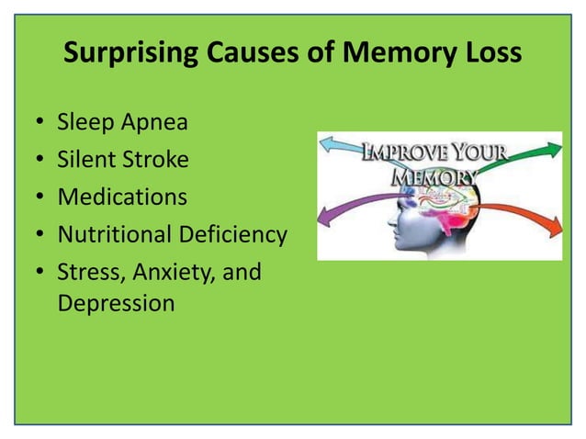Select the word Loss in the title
(490, 55)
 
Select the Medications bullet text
(122, 197)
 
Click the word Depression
(116, 303)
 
